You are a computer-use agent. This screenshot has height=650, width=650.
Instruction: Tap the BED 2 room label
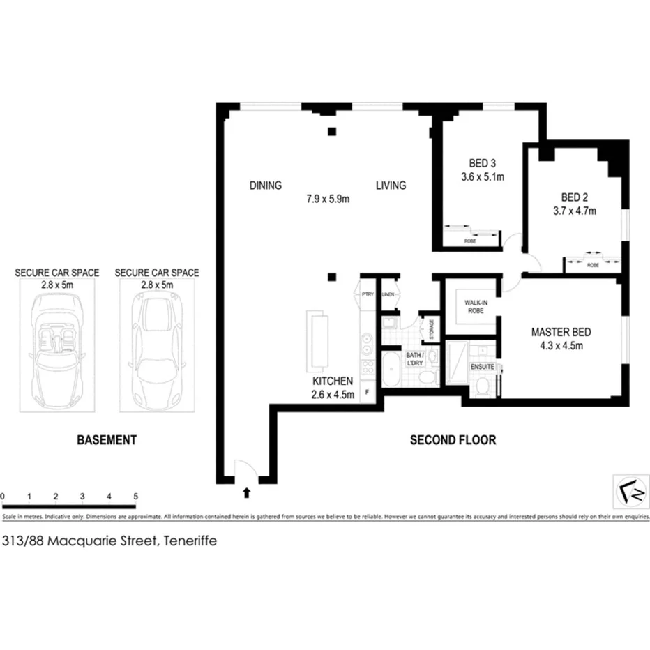click(578, 197)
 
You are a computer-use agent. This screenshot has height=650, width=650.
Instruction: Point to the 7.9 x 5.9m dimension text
click(327, 198)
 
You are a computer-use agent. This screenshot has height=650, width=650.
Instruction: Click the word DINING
click(265, 186)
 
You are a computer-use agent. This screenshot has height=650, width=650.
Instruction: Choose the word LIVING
click(391, 186)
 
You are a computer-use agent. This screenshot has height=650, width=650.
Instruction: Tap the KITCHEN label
click(333, 381)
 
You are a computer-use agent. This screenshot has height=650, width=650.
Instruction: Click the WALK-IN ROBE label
click(471, 307)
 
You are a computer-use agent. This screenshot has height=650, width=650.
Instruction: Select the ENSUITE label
click(483, 365)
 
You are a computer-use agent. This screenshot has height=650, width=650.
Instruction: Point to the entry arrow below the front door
click(246, 493)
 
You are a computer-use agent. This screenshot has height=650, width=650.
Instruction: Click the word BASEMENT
click(106, 440)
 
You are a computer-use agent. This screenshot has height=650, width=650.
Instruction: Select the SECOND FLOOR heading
click(453, 440)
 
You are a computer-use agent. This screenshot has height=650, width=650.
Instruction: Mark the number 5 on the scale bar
click(135, 497)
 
